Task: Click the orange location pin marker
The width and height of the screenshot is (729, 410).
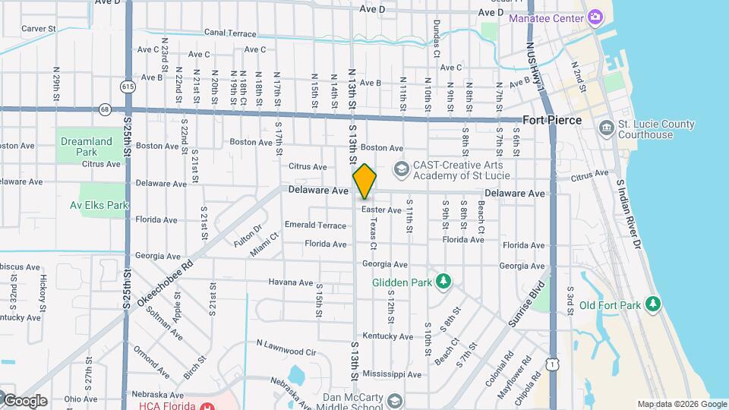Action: tap(364, 181)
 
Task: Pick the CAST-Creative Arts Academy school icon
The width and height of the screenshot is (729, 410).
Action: tap(401, 167)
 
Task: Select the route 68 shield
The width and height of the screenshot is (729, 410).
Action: tap(105, 109)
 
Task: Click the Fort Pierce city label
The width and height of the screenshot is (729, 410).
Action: tap(552, 120)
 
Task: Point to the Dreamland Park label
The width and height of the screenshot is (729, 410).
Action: tap(81, 147)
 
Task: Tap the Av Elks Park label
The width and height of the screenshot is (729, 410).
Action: tap(99, 205)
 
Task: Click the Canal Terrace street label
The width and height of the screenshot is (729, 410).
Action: tap(231, 33)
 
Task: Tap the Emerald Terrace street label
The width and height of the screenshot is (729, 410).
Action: tap(315, 225)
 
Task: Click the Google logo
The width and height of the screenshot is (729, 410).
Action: tap(25, 400)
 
